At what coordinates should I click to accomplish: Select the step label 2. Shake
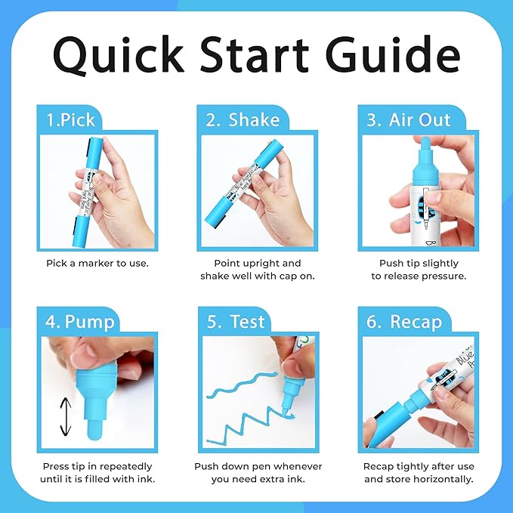tap(243, 119)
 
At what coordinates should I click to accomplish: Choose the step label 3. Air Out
tap(409, 119)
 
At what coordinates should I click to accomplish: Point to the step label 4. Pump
tap(80, 321)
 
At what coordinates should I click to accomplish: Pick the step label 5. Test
tap(236, 321)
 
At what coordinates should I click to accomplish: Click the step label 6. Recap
tap(405, 321)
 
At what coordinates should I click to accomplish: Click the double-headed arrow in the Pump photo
tap(66, 416)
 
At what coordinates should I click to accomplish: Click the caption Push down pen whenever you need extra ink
tap(258, 472)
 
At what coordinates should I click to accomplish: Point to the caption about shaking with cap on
tap(258, 269)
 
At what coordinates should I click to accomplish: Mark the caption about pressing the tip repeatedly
tap(97, 472)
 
